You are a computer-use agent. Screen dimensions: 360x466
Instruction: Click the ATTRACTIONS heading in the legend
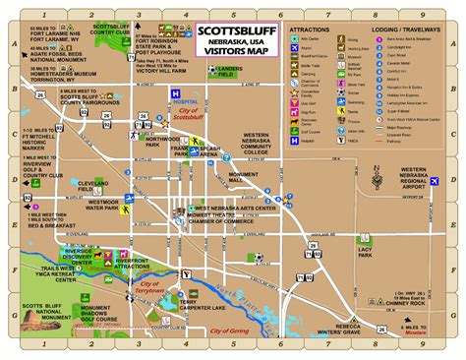coord(310,30)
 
